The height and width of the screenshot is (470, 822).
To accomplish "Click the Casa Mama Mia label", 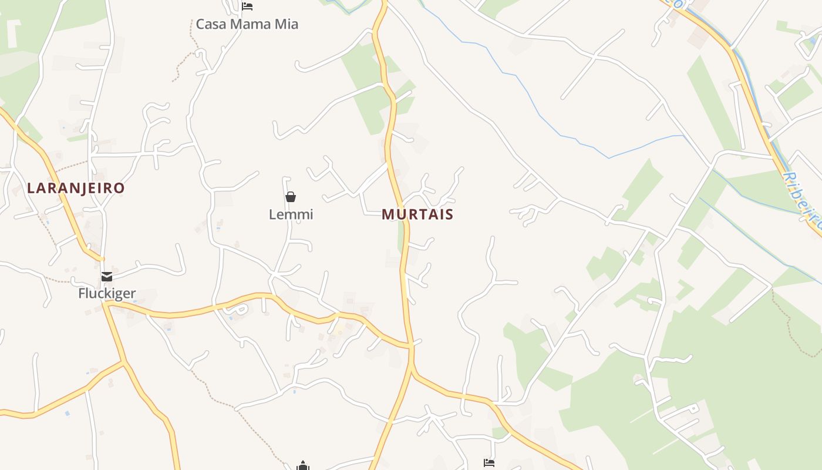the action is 247,24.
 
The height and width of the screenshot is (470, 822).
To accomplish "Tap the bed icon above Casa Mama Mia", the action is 247,6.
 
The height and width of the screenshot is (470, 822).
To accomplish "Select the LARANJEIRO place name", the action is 76,188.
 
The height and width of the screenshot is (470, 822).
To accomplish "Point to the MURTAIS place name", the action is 417,214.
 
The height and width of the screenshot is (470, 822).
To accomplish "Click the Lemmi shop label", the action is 291,214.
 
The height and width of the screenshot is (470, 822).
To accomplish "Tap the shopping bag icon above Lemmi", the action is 290,196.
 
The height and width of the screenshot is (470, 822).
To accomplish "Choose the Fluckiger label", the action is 107,293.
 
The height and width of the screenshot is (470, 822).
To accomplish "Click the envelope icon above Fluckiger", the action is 106,276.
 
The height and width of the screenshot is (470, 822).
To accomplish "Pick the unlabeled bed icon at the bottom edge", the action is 489,463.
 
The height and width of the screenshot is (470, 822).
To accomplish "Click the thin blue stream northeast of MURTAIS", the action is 528,94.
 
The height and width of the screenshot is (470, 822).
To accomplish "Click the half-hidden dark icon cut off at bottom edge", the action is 303,466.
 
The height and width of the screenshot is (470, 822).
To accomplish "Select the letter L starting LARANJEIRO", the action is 31,188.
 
